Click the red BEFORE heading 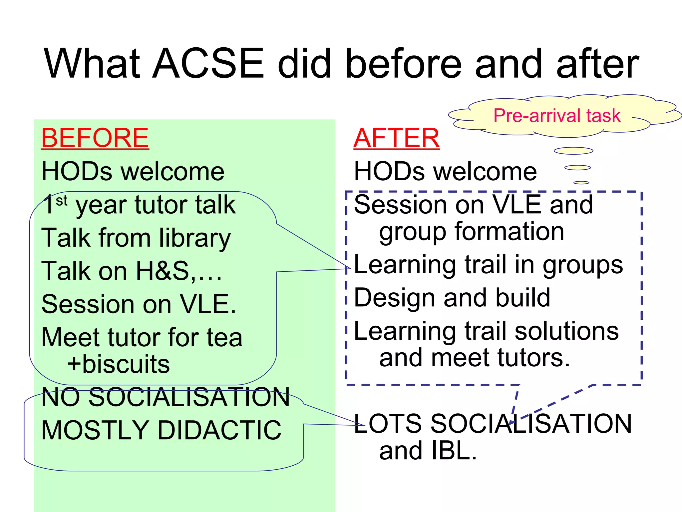[95, 138]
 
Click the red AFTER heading [396, 138]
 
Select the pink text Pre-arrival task [557, 116]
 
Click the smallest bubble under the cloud [581, 183]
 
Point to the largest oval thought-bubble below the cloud [573, 151]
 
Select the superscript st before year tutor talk [62, 201]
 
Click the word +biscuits [118, 364]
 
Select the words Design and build [452, 298]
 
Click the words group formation [472, 232]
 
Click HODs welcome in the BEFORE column [133, 172]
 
